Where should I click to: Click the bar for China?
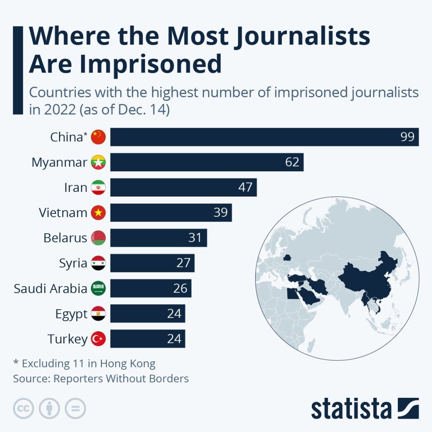coord(253,137)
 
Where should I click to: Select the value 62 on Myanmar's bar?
coord(292,162)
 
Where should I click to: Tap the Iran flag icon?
coord(98,188)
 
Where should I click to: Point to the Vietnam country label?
coord(63,213)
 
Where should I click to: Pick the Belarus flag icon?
coord(98,238)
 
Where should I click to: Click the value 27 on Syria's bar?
coord(184,264)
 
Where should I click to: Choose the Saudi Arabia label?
coord(50,289)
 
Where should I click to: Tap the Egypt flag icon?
coord(98,314)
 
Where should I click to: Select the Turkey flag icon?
coord(98,339)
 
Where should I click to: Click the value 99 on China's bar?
coord(408,137)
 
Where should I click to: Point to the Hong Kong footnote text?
coord(84,364)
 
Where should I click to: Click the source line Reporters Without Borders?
coord(101,379)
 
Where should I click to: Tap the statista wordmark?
coord(351,408)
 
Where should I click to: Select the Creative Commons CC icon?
coord(24,408)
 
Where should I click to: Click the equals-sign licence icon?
coord(75,408)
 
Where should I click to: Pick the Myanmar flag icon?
coord(98,162)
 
